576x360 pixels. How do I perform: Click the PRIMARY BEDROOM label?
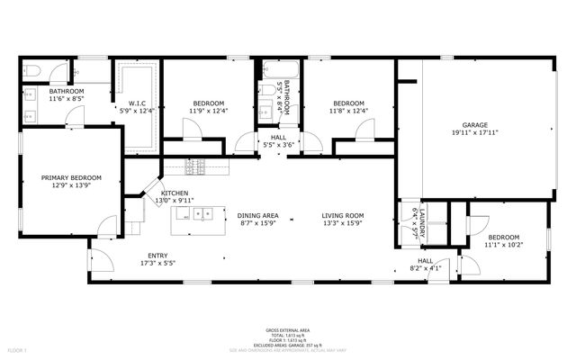71,177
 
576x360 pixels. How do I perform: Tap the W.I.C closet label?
138,103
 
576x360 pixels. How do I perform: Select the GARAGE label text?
475,125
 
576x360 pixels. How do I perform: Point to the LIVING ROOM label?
343,215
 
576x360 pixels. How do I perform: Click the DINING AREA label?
257,215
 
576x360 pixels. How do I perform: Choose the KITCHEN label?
174,193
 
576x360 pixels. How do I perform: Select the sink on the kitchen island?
205,214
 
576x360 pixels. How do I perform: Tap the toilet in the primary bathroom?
31,70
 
